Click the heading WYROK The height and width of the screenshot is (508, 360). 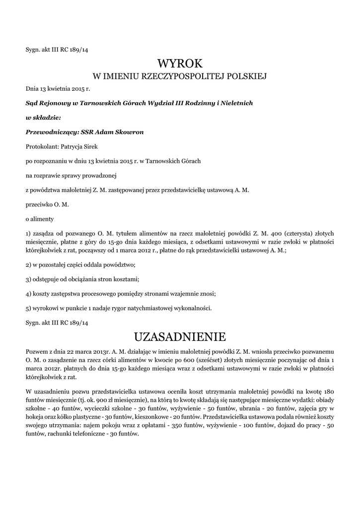(x=180, y=63)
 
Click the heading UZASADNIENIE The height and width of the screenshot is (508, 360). (x=180, y=337)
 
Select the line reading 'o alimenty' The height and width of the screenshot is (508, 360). (x=40, y=218)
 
